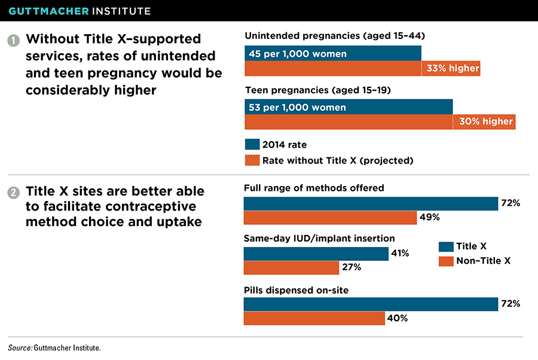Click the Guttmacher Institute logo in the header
coord(79,11)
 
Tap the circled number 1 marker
coord(13,41)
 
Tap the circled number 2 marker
coord(13,193)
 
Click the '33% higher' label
coord(453,68)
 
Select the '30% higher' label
coord(486,121)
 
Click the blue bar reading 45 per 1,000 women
coord(333,54)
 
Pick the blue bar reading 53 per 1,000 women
coord(349,108)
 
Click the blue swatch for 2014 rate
coord(252,145)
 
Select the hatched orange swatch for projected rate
coord(252,160)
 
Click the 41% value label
coord(400,254)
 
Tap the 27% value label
coord(351,267)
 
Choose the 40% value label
coord(397,318)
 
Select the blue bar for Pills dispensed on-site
coord(371,304)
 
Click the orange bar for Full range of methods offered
coord(330,217)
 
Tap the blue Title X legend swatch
coord(445,246)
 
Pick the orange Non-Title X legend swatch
coord(445,261)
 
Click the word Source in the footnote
coord(19,347)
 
